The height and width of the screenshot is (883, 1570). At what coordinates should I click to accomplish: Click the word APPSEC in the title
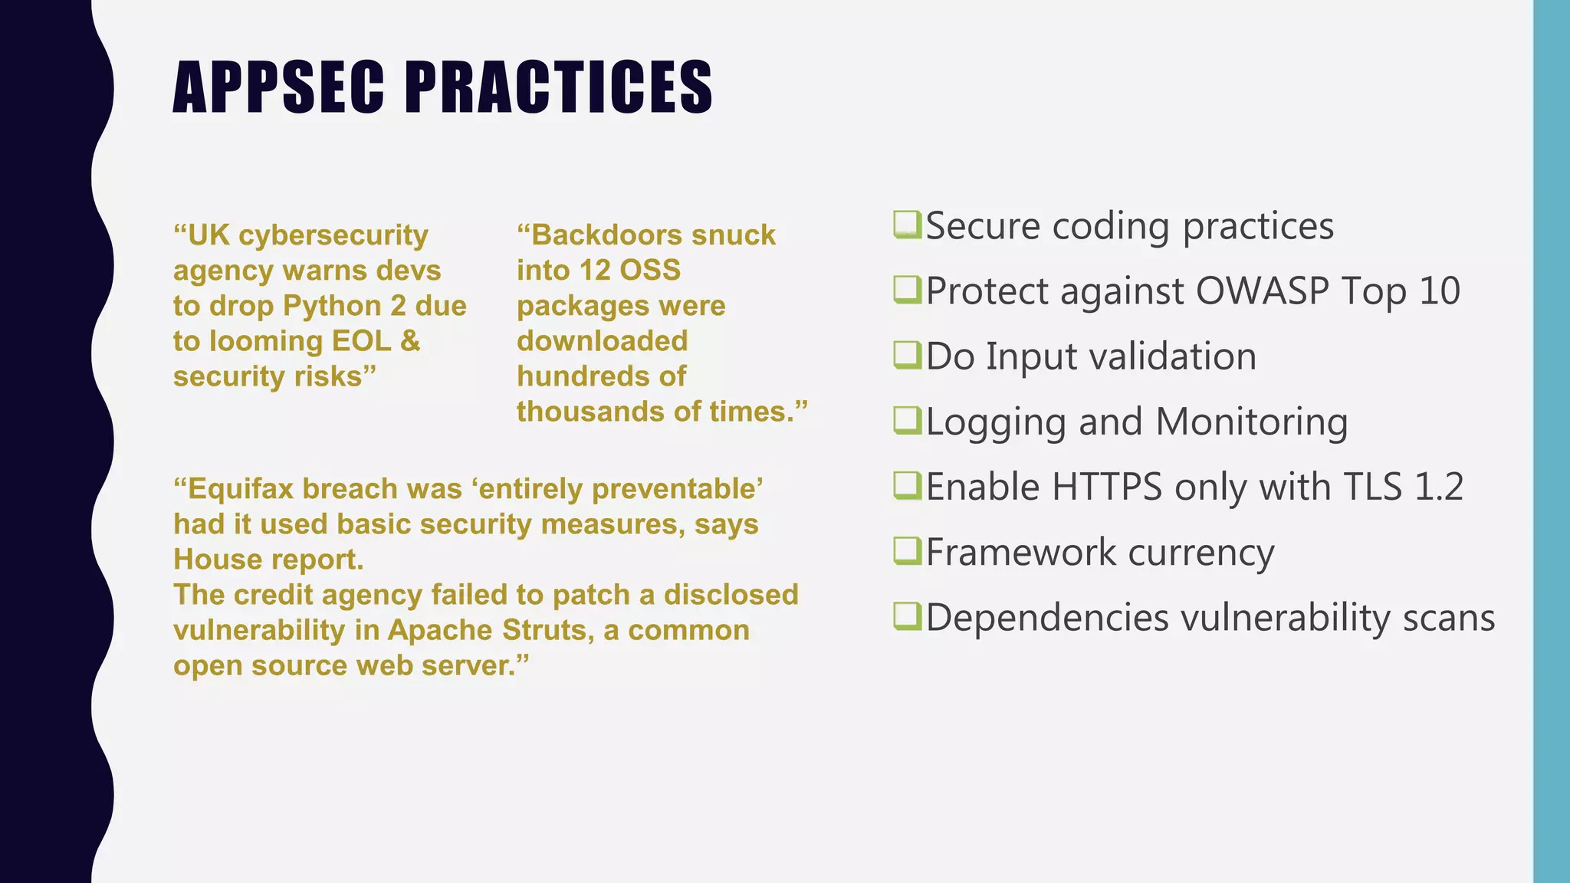pyautogui.click(x=278, y=87)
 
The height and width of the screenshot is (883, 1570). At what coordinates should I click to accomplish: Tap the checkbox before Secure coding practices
pyautogui.click(x=907, y=225)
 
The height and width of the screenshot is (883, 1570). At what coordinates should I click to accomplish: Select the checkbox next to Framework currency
pyautogui.click(x=907, y=551)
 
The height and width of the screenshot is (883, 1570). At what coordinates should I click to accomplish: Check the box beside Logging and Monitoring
pyautogui.click(x=907, y=421)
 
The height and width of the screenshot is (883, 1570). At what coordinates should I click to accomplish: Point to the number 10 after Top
pyautogui.click(x=1439, y=291)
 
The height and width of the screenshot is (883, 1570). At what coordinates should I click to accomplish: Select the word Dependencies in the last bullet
pyautogui.click(x=1046, y=618)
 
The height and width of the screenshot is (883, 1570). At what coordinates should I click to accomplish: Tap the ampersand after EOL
pyautogui.click(x=410, y=341)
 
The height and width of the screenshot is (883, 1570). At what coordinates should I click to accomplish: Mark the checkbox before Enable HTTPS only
pyautogui.click(x=907, y=486)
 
